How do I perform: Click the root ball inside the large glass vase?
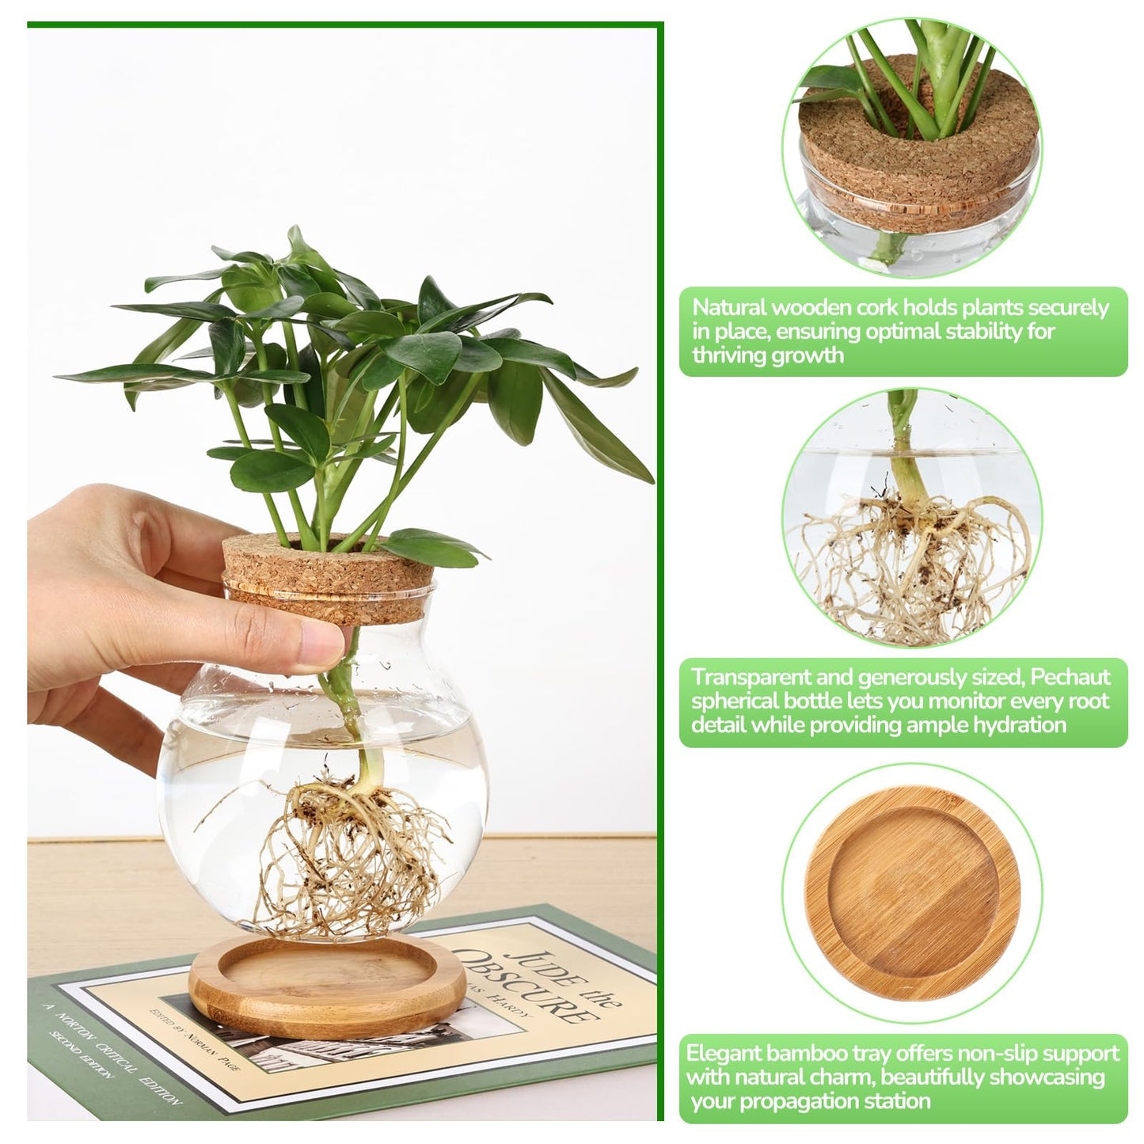[x=348, y=855]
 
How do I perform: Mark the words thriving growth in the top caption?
[x=767, y=355]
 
